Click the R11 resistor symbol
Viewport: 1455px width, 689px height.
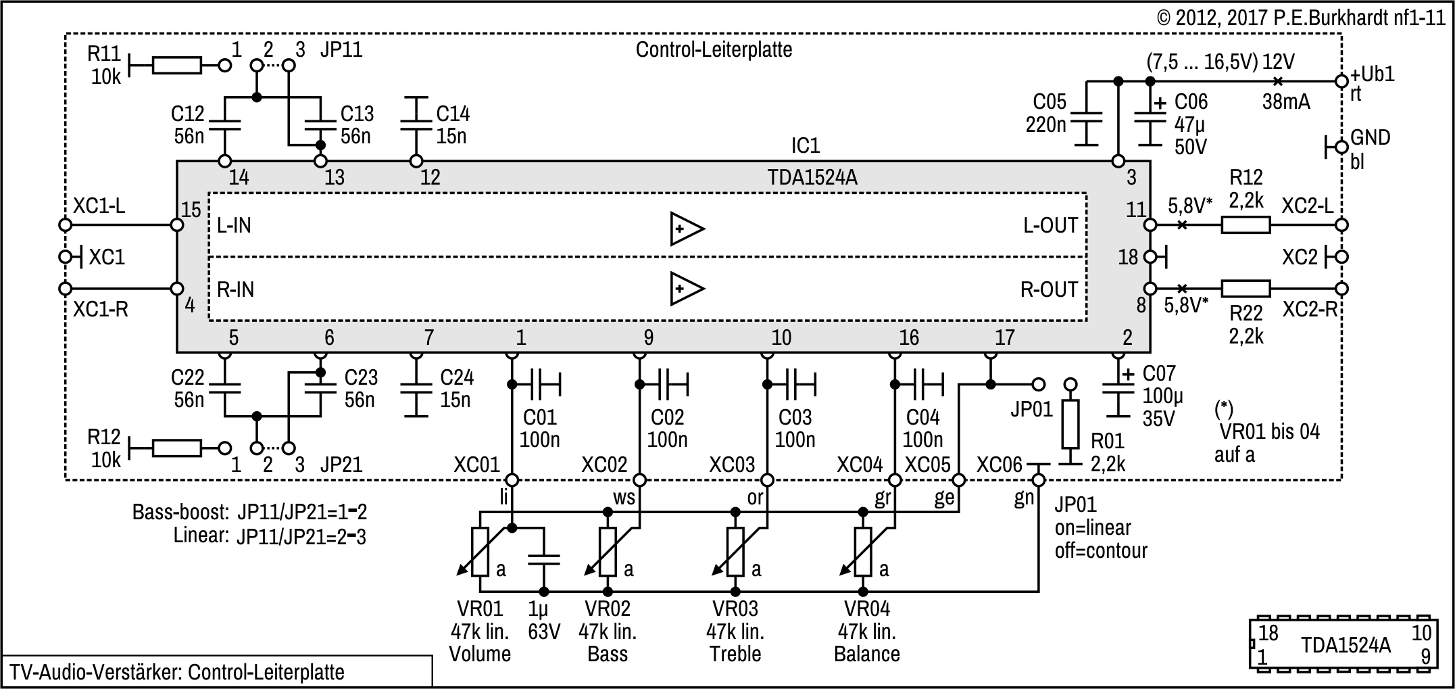(177, 65)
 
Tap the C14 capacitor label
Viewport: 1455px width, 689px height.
(452, 114)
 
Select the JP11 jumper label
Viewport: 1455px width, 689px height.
(341, 49)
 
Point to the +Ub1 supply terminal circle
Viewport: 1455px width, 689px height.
(1341, 81)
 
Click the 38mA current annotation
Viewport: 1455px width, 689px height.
(1286, 102)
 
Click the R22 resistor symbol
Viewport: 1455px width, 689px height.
(1246, 289)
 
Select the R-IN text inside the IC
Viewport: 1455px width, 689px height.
(236, 289)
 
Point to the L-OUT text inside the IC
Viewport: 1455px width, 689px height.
(1050, 226)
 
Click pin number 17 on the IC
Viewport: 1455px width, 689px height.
(1004, 337)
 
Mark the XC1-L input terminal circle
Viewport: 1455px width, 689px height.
(66, 224)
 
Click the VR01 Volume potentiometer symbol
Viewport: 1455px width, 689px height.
(480, 551)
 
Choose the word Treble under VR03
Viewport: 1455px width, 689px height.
(735, 654)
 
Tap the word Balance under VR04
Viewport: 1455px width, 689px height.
(867, 654)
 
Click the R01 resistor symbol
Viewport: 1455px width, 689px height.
(1070, 425)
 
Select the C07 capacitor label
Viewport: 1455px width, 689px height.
(1159, 373)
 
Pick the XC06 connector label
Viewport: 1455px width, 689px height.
(999, 465)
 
